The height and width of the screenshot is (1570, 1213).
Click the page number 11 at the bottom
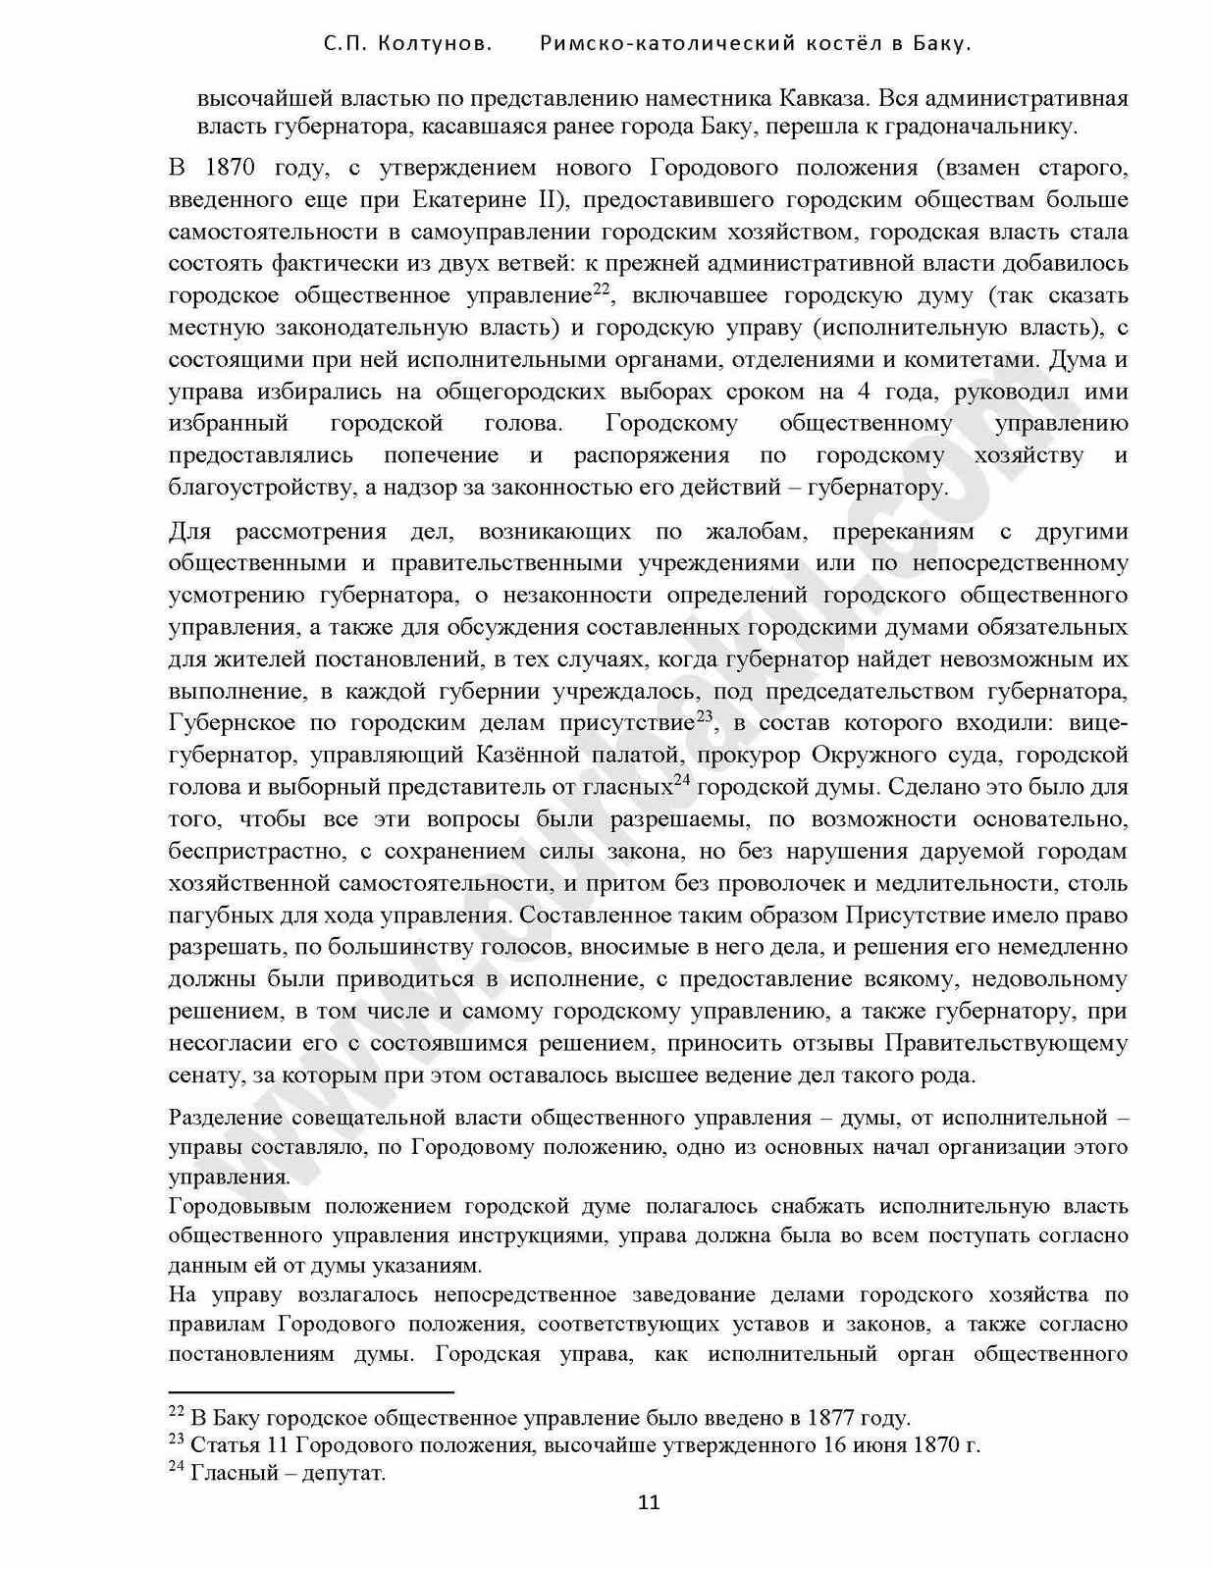tap(649, 1502)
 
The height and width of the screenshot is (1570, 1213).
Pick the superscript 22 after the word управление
tap(602, 288)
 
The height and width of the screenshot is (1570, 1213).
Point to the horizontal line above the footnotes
tap(311, 1391)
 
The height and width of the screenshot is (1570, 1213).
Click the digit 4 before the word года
tap(863, 392)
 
